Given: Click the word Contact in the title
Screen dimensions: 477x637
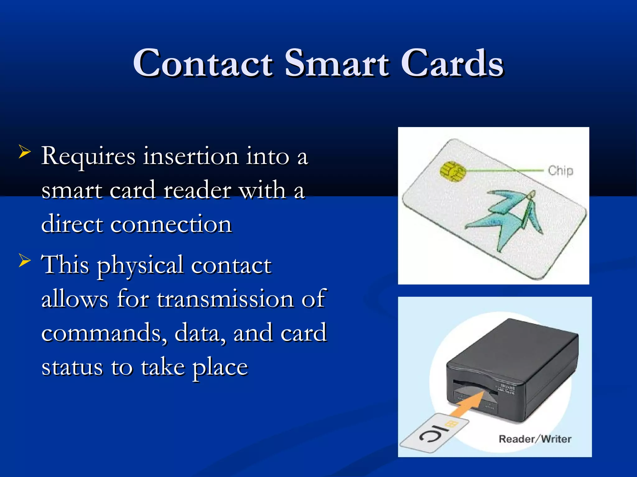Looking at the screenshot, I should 203,63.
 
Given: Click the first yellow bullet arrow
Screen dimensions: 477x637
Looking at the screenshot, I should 25,152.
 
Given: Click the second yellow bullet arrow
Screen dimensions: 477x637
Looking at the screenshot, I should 25,260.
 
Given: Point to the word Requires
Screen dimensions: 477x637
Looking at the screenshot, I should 88,156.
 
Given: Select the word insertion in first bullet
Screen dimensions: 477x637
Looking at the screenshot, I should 190,156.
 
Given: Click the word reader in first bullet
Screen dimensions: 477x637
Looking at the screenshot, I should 197,190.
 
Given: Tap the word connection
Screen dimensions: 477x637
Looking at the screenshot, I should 171,224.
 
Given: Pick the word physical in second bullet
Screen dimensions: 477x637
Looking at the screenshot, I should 140,266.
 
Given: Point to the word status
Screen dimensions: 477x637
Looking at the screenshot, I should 72,367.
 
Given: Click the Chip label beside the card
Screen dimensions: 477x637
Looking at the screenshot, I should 560,171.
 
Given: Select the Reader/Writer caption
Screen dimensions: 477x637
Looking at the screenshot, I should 535,439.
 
